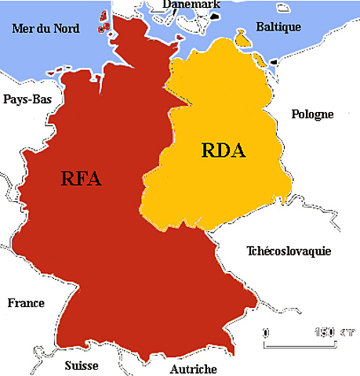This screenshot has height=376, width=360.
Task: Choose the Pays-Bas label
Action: pos(28,99)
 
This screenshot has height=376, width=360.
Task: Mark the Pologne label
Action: pos(312,114)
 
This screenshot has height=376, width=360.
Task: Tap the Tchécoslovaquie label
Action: pos(289,251)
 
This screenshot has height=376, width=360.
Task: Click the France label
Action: pos(25,303)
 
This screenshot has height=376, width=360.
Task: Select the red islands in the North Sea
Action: pos(103,22)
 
